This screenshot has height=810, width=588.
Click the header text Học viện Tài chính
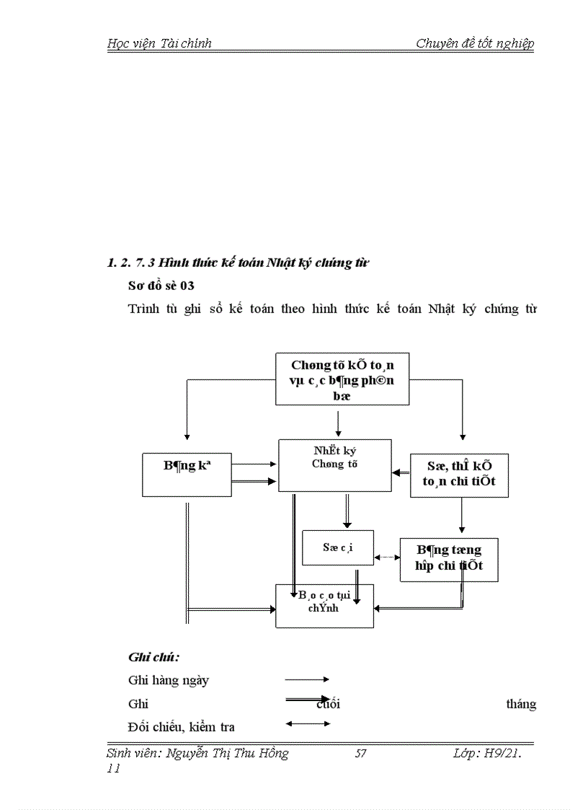pos(159,43)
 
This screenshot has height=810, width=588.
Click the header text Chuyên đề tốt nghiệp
pos(475,43)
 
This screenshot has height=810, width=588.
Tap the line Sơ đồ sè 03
pos(161,286)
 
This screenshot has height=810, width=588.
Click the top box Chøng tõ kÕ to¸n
pos(342,379)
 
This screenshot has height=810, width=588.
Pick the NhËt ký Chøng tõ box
pos(335,465)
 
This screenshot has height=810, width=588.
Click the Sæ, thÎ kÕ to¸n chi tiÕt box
pos(459,475)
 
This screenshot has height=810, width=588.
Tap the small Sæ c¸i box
pos(328,548)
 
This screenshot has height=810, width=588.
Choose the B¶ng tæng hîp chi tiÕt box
pos(449,559)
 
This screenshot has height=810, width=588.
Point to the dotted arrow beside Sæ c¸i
pos(388,557)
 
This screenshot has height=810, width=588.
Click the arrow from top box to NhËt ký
pos(338,422)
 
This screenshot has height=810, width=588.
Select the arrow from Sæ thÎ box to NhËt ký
pos(401,472)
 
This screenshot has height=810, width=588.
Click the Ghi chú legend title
pos(153,657)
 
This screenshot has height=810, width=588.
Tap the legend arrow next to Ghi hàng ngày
pos(307,679)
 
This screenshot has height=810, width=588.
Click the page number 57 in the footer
pos(361,754)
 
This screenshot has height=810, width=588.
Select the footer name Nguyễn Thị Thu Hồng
pos(227,754)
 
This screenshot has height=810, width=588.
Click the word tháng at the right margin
pos(521,704)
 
